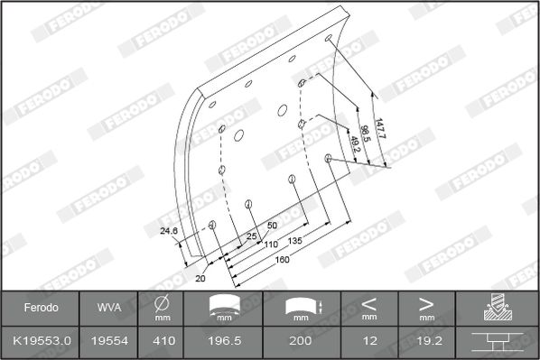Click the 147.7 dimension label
(379, 128)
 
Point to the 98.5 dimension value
(365, 134)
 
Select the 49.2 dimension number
(354, 144)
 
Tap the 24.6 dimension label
(169, 231)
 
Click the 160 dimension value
(282, 260)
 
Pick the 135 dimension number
(294, 241)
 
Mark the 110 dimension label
(271, 245)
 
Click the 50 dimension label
(272, 226)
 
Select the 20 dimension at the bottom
(200, 278)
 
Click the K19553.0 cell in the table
(42, 341)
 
